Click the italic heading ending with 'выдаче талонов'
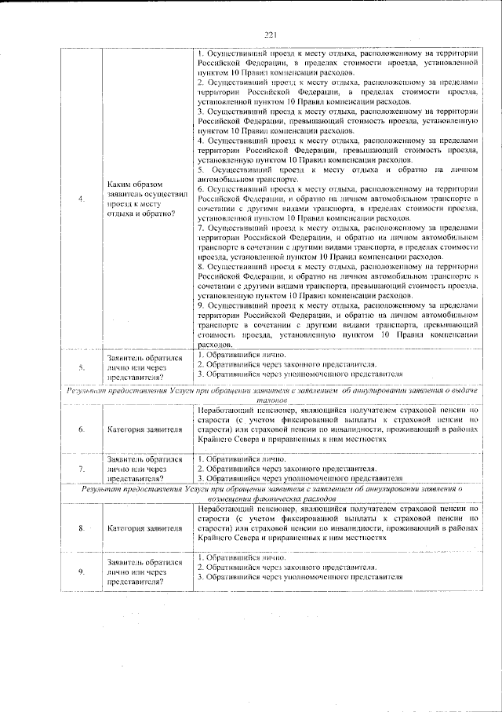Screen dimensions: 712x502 [x=271, y=394]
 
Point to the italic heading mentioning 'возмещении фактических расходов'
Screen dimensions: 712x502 [x=271, y=493]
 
